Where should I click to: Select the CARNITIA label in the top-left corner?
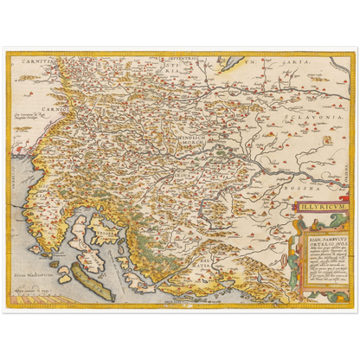34,61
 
